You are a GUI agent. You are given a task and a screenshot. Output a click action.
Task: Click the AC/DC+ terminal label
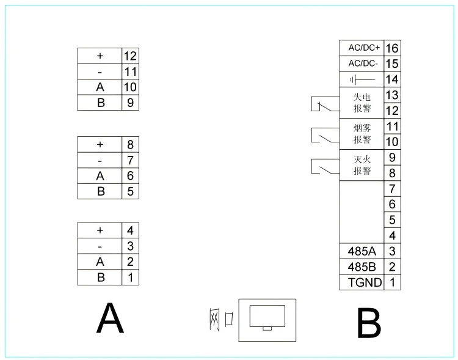point(364,48)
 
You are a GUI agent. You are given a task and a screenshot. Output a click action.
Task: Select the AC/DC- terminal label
point(364,64)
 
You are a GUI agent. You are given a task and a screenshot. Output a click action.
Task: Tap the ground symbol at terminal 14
point(362,79)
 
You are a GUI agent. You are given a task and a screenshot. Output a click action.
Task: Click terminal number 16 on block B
point(392,48)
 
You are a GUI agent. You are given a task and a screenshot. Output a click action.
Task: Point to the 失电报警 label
point(362,103)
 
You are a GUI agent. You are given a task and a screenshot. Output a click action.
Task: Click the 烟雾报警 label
point(362,134)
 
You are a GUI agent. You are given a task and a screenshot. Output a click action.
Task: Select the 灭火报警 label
point(362,165)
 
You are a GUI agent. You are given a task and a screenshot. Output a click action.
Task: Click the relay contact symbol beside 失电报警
point(322,106)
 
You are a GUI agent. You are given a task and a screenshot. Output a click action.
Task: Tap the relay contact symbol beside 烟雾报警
point(322,134)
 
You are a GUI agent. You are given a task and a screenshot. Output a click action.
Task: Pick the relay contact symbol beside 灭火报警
point(322,166)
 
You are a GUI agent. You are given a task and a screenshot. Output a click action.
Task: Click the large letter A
point(110,318)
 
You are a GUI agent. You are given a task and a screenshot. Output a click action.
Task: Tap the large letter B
point(368,323)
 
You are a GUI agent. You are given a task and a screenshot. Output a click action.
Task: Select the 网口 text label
point(220,318)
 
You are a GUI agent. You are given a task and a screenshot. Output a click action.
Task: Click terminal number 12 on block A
point(129,56)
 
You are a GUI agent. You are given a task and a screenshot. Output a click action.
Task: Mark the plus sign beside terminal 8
point(100,145)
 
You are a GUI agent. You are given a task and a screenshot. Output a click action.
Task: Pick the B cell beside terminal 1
point(100,277)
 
